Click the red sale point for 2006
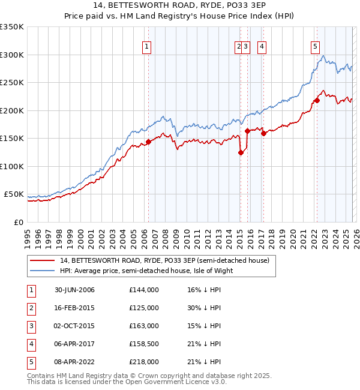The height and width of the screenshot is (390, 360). tap(148, 142)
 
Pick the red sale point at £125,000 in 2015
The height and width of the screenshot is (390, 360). tap(241, 152)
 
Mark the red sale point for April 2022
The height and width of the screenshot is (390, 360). tap(316, 101)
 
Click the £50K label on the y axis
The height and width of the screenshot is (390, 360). tap(13, 194)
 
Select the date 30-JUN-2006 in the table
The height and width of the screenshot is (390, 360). tap(74, 290)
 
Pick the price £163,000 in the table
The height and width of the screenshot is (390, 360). tap(144, 326)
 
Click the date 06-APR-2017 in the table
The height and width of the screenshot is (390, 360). tap(74, 344)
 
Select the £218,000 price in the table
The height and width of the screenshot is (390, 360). tap(144, 362)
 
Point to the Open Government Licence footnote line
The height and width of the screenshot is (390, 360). tap(128, 382)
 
